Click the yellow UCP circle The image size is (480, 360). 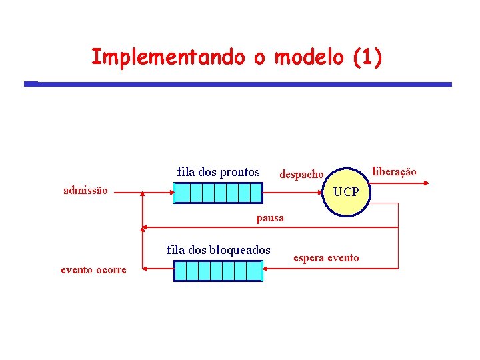(x=346, y=192)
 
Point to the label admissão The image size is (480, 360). (x=85, y=191)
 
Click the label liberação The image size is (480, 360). (x=394, y=172)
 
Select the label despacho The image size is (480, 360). (x=301, y=175)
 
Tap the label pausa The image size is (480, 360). (x=270, y=218)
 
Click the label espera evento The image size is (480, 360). (x=326, y=258)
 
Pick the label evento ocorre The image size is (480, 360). (x=93, y=270)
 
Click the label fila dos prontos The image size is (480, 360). (x=219, y=172)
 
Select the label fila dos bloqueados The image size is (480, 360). (x=219, y=250)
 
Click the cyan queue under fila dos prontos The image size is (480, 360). (x=218, y=193)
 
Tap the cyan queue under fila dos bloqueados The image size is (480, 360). (x=218, y=271)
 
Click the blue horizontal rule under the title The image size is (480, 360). (x=238, y=84)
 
